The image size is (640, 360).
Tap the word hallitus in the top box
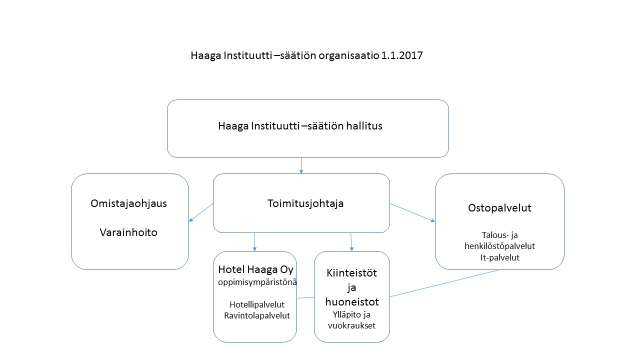(x=364, y=125)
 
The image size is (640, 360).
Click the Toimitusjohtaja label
(x=305, y=203)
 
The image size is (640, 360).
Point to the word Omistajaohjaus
(x=128, y=203)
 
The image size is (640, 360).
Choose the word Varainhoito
(x=128, y=232)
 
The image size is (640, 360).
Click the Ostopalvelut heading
(x=499, y=208)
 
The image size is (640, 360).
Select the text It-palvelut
(x=499, y=257)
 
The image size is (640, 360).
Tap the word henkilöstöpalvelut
(x=499, y=246)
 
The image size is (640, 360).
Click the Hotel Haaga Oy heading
(x=255, y=269)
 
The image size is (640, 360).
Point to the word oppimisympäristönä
(x=257, y=282)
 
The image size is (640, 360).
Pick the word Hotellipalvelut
(x=257, y=304)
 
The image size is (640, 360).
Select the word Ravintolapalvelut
(x=257, y=315)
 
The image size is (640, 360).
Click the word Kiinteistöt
(x=351, y=273)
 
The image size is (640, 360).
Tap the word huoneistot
(x=352, y=302)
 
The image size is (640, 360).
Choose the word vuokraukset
(x=351, y=325)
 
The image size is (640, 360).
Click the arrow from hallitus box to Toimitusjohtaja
(x=301, y=165)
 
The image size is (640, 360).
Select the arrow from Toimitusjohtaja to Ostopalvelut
(x=412, y=212)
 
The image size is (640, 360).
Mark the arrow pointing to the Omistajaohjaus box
(x=201, y=212)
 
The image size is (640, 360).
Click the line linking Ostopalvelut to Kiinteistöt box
(x=444, y=283)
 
